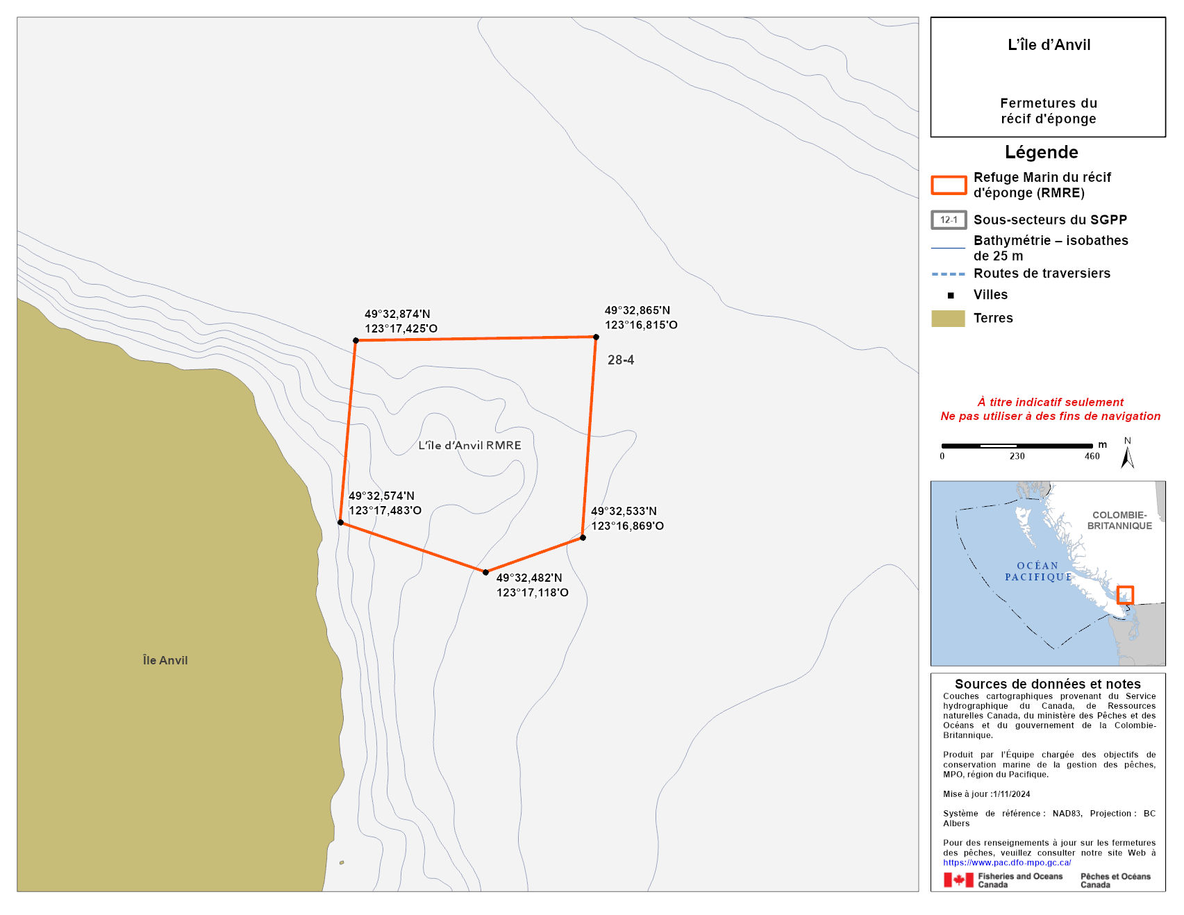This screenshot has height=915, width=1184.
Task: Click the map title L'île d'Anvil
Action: [1049, 45]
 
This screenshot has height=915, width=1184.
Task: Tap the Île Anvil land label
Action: [165, 660]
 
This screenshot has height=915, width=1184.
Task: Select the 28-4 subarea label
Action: [621, 360]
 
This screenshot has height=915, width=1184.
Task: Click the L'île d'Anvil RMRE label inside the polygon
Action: [469, 445]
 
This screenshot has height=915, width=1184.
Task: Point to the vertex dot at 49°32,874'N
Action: [356, 340]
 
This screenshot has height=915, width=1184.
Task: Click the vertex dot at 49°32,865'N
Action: [596, 337]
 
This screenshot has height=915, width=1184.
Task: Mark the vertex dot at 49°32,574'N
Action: [340, 522]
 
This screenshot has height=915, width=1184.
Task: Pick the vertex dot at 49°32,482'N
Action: [485, 572]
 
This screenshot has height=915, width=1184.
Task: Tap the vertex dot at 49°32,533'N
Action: [583, 537]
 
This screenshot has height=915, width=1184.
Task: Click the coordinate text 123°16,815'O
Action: [641, 325]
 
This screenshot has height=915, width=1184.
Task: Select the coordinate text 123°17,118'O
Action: [532, 593]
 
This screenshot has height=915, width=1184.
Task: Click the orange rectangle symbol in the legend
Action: [949, 185]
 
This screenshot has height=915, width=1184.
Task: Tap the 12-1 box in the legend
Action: [949, 220]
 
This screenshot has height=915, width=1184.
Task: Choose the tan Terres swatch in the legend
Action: [948, 318]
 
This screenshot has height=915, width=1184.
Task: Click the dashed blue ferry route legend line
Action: [948, 274]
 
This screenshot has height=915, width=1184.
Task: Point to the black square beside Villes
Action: [951, 295]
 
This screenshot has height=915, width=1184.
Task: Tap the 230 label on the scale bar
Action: [1017, 456]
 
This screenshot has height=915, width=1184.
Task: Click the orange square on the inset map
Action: [1125, 595]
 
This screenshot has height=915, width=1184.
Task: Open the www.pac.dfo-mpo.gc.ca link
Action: [1007, 862]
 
